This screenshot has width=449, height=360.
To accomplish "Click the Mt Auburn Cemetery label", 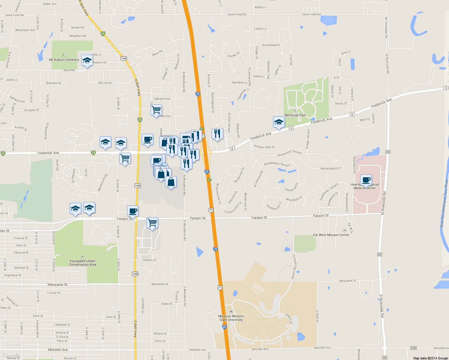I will pos(64,60).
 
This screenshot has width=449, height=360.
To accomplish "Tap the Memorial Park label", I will pos(295,115).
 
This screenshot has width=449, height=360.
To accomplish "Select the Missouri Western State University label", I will pos(231,318).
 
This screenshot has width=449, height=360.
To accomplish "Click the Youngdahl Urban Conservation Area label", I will pos(83,263).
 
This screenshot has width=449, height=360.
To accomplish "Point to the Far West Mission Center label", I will pos(331,235).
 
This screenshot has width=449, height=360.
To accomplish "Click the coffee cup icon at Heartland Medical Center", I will pos(366,180).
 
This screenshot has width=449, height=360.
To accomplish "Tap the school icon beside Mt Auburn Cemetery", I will pos(87,61).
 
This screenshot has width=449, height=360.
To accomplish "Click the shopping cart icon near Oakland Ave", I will pos(156,110).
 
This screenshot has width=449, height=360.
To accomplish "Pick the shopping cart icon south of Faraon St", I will pos(152,223).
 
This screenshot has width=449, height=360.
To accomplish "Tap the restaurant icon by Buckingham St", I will pos(217,134).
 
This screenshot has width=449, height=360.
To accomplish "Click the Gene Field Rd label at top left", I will pos(14,15).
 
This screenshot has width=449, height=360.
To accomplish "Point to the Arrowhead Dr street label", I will pos(271,45).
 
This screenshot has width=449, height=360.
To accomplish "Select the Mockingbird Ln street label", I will pos(331,169).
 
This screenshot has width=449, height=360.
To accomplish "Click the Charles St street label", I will pos(149,260).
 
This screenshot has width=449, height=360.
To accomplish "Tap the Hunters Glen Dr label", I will pos(264,147).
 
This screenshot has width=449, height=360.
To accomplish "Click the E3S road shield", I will pos(413,348).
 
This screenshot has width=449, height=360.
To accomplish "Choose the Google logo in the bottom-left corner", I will pos(11,355).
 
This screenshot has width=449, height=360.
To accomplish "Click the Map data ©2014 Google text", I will pos(430,358).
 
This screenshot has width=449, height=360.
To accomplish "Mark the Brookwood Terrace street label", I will pos(277,164).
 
